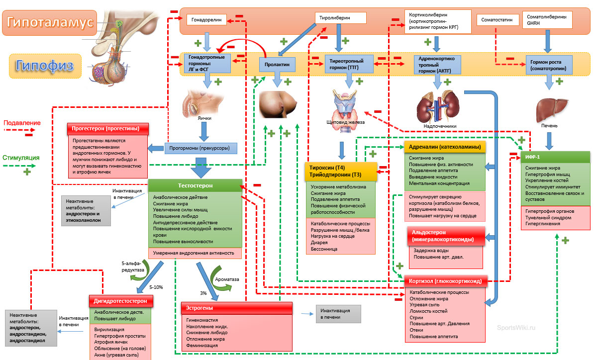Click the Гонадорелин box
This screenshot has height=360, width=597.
(206, 20)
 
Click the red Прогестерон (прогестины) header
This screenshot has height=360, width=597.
(108, 128)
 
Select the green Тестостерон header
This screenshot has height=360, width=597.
(195, 185)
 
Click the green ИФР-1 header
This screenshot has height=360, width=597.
(556, 157)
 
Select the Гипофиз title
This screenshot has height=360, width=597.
(45, 65)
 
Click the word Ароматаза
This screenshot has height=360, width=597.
(226, 279)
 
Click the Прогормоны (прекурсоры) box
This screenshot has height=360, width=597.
(200, 148)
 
